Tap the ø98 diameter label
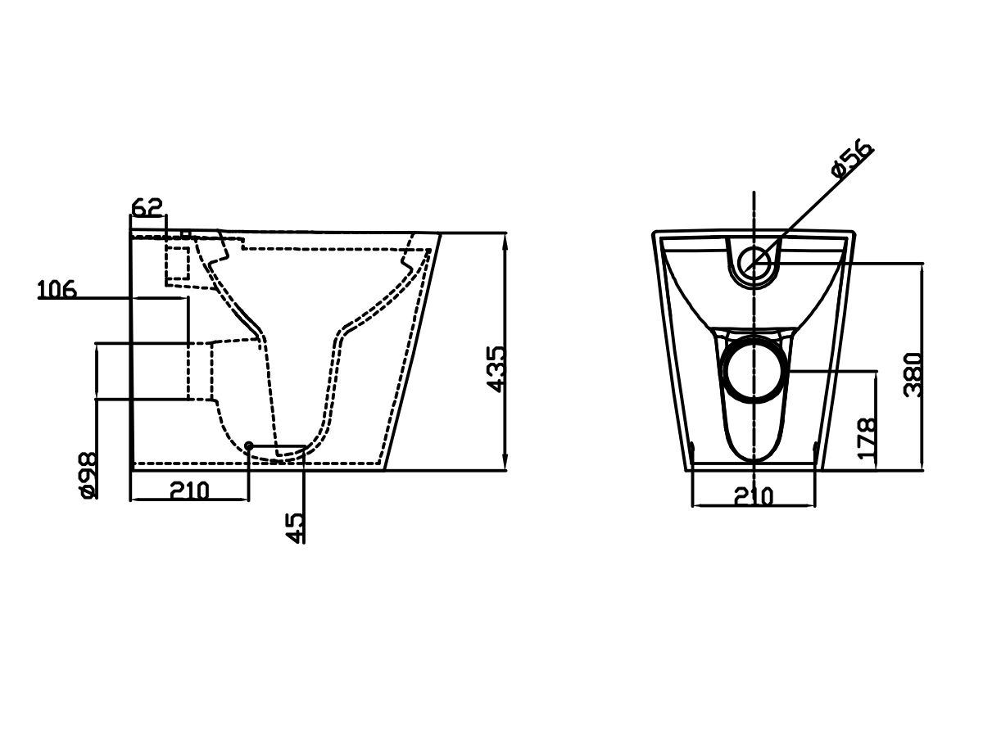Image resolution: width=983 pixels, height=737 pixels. [88, 475]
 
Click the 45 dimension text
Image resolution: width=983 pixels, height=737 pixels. [294, 528]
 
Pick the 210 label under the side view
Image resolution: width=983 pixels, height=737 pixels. [189, 491]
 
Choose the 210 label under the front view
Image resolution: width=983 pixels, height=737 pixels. [754, 496]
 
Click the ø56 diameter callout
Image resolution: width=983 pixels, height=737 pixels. [852, 160]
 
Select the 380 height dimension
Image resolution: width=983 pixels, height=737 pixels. [913, 375]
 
